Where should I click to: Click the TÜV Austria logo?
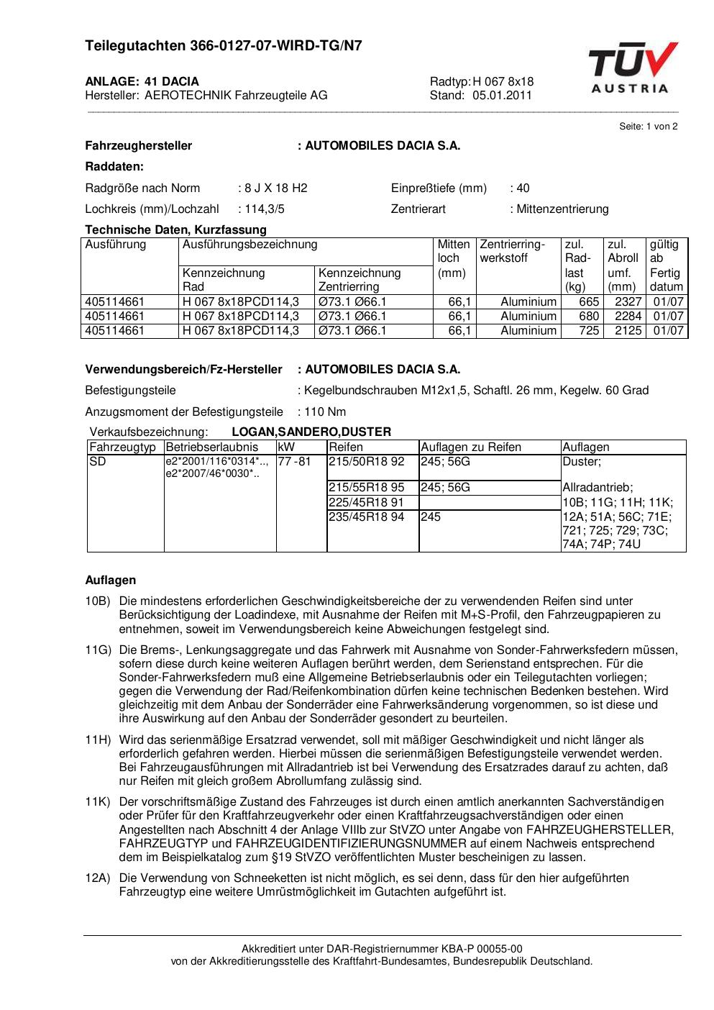point(632,68)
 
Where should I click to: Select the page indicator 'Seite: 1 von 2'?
point(648,126)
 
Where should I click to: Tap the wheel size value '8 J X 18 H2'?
point(275,188)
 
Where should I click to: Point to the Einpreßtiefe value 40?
point(523,188)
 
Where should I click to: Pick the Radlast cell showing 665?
point(589,302)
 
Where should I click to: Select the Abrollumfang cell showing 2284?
point(628,317)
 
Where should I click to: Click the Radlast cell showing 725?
point(589,331)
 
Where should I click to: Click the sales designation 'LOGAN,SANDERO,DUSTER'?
point(311,432)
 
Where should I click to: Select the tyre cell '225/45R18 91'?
point(366,503)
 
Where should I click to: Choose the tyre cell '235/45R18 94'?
point(366,517)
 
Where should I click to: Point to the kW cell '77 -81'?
point(295,462)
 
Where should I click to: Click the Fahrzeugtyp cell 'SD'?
point(98,462)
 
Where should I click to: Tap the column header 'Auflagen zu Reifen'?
point(471,447)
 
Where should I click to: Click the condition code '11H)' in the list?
point(98,740)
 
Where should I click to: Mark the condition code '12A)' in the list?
point(98,878)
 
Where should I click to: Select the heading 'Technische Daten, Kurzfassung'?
point(175,230)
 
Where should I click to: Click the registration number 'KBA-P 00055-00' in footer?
point(486,948)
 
